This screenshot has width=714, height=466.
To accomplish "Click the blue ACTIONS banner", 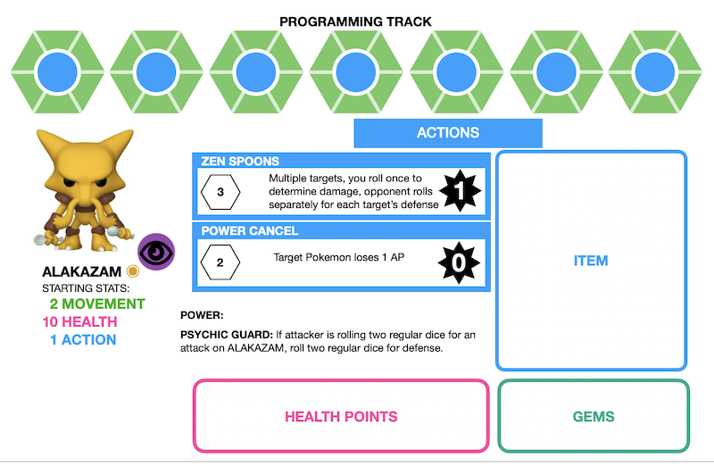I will point(448,133).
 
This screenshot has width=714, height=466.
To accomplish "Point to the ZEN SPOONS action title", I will point(241,162).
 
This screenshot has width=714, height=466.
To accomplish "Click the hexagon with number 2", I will point(220,262).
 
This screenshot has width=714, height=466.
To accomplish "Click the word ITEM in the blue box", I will point(591,261).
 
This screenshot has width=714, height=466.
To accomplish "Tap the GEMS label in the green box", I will point(594,416).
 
